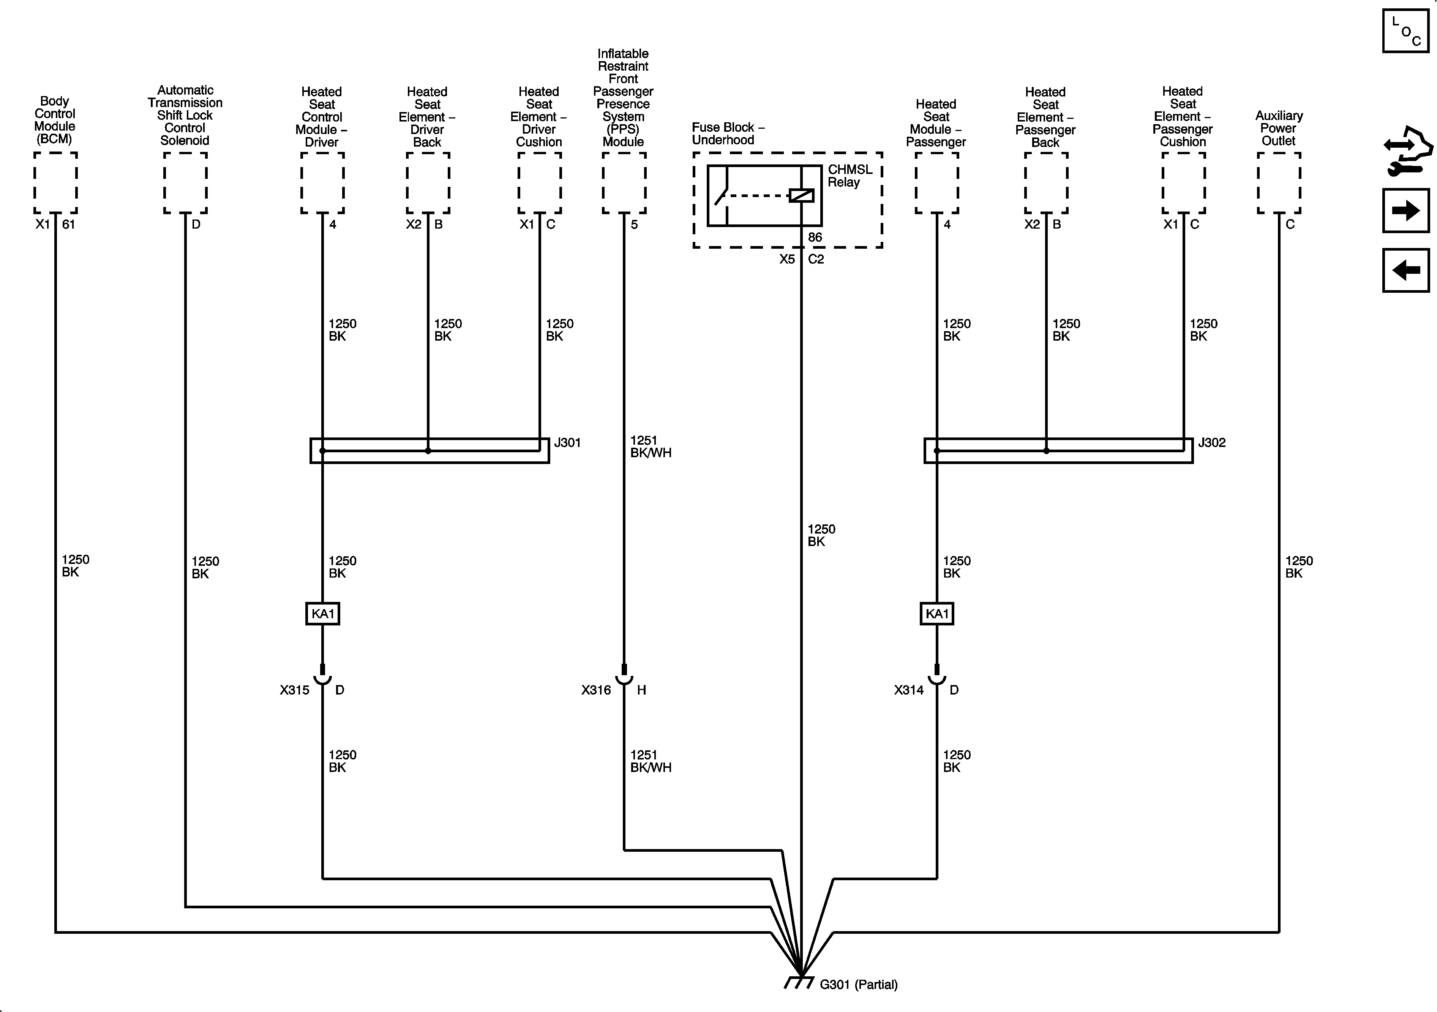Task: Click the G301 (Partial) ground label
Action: pyautogui.click(x=858, y=984)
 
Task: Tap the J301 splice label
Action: pyautogui.click(x=567, y=442)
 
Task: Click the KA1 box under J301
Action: pyautogui.click(x=322, y=613)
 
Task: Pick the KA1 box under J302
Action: pyautogui.click(x=937, y=613)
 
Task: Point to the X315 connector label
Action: pyautogui.click(x=294, y=690)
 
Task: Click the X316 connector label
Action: pyautogui.click(x=596, y=690)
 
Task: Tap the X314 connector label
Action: pyautogui.click(x=909, y=690)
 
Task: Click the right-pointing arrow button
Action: pyautogui.click(x=1406, y=210)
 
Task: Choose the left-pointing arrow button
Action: pyautogui.click(x=1406, y=270)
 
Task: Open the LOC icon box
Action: pyautogui.click(x=1406, y=31)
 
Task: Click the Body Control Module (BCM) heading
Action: pyautogui.click(x=54, y=120)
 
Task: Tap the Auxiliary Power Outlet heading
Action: pyautogui.click(x=1279, y=128)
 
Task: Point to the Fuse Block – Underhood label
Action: pyautogui.click(x=728, y=133)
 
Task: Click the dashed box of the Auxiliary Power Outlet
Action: pyautogui.click(x=1279, y=183)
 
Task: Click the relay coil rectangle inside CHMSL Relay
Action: pyautogui.click(x=801, y=195)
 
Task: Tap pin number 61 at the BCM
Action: pyautogui.click(x=68, y=224)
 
